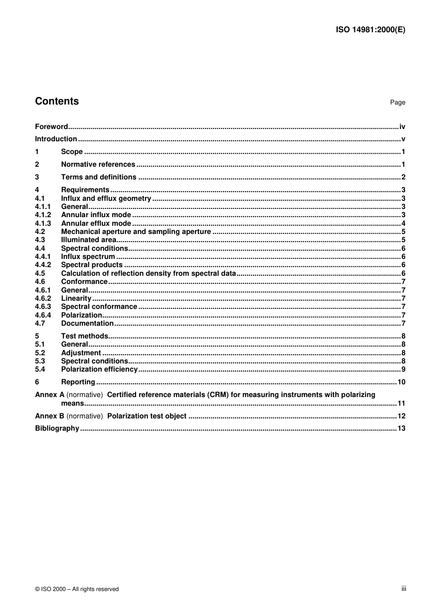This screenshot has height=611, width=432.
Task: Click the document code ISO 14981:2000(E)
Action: (x=370, y=30)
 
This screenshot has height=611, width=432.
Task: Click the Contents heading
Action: (x=57, y=101)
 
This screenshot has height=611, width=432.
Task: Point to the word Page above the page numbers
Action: (x=397, y=103)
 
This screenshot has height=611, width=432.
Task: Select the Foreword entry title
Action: (x=51, y=127)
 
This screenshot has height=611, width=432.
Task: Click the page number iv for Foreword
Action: (x=402, y=127)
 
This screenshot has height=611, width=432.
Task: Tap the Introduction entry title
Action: (x=56, y=139)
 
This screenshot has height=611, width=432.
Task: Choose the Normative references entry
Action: (x=98, y=164)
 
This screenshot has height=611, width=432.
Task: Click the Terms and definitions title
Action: (x=99, y=177)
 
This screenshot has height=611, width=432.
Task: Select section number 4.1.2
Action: (x=43, y=215)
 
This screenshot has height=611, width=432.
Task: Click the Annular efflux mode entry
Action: (x=96, y=224)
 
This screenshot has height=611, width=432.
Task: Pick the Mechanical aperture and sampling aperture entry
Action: (x=136, y=232)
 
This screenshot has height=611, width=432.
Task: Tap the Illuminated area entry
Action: (x=89, y=240)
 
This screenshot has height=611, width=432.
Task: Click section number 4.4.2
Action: (x=43, y=265)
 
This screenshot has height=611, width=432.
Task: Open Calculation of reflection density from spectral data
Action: (x=148, y=273)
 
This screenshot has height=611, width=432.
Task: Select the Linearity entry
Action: (x=76, y=298)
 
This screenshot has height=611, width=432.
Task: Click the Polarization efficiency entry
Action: (x=99, y=369)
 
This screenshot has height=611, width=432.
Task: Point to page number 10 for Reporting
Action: (x=401, y=382)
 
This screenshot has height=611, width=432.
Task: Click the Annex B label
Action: (x=50, y=416)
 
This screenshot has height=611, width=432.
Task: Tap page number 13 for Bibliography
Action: (x=401, y=428)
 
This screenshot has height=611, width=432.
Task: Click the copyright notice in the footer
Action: (x=77, y=589)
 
